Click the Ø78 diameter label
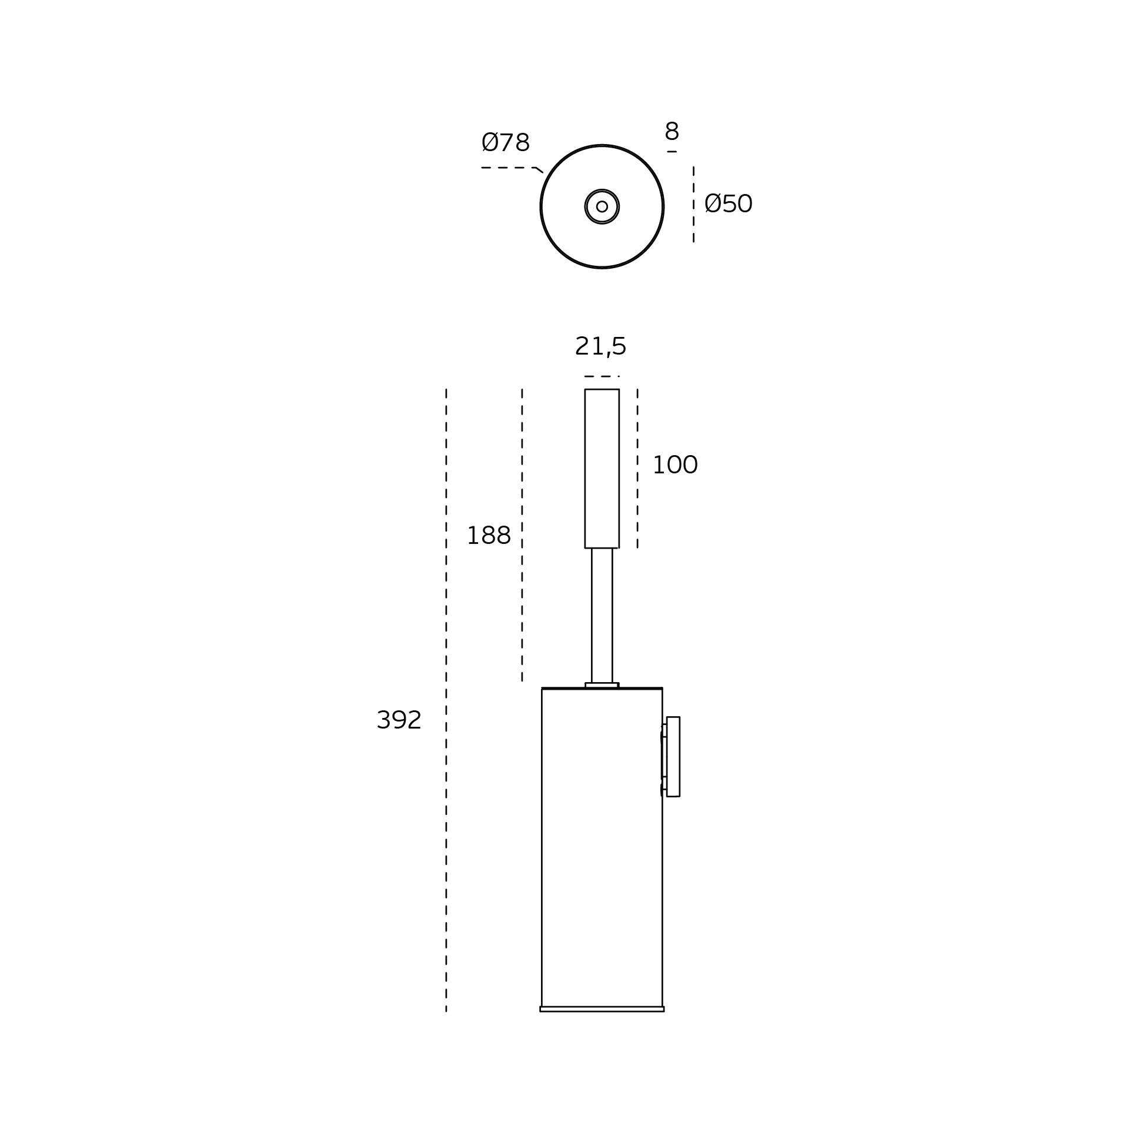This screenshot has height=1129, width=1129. point(505,143)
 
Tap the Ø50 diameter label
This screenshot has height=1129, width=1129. point(728,204)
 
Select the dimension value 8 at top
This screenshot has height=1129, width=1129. point(672,131)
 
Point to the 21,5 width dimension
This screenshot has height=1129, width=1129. point(600,346)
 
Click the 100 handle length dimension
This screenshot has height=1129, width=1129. point(675,465)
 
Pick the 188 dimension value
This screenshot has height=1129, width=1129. point(489,536)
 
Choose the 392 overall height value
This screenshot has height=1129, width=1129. point(399,720)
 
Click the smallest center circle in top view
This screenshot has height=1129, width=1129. point(602,206)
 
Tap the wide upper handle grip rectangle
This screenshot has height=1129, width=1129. point(602,469)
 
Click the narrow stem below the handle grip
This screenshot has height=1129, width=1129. point(602,615)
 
